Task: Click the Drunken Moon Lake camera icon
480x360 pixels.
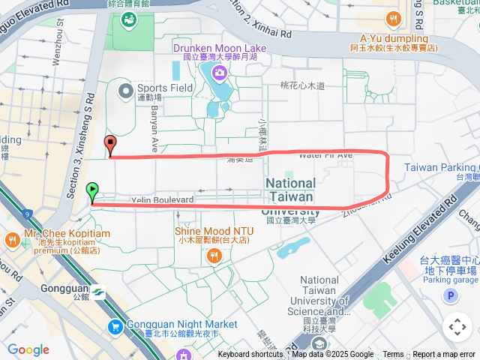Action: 219,72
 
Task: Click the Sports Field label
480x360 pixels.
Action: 164,88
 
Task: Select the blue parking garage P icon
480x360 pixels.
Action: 451,296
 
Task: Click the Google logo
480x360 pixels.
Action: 28,349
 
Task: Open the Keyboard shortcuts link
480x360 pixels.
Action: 250,355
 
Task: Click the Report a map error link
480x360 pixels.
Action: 445,355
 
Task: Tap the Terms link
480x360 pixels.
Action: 393,355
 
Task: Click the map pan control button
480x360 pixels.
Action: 457,326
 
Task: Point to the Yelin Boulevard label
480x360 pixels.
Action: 163,199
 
